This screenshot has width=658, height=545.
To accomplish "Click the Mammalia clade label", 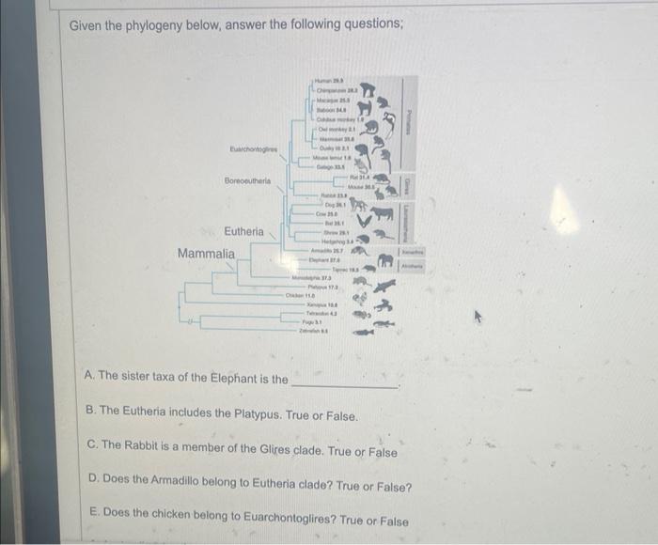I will click(x=207, y=254).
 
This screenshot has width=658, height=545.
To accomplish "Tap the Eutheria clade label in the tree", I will click(x=243, y=231).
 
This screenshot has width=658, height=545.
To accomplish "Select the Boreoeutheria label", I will click(x=248, y=179).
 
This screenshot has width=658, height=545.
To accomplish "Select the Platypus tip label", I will click(x=325, y=286).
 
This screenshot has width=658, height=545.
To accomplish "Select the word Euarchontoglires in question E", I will click(x=284, y=521).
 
